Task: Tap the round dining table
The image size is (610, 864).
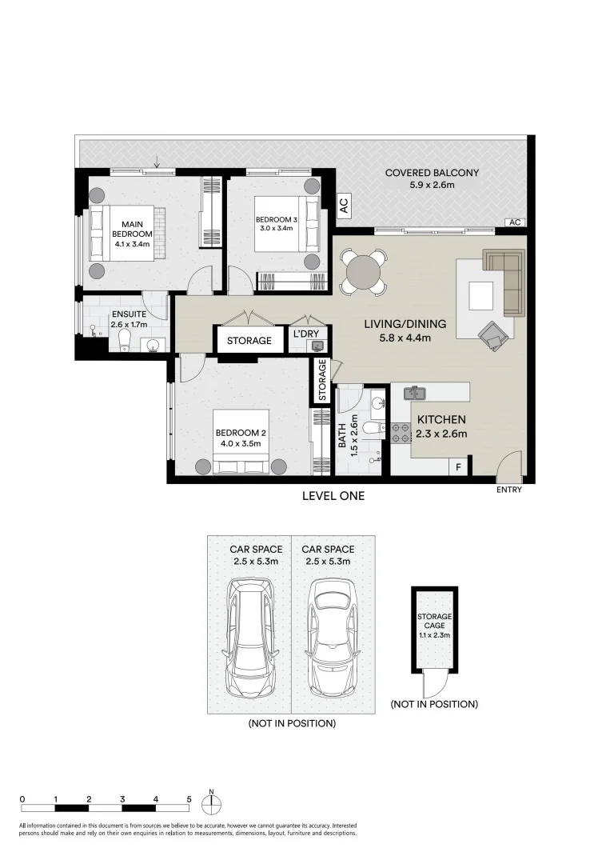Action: click(364, 273)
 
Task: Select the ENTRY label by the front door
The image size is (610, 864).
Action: click(508, 490)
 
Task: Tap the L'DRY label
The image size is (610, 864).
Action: click(306, 332)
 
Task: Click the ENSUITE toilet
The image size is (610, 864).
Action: click(122, 342)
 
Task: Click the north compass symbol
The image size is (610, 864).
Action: click(212, 803)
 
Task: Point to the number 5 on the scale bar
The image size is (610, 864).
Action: click(189, 798)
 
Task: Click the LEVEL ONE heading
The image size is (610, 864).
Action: click(333, 496)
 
